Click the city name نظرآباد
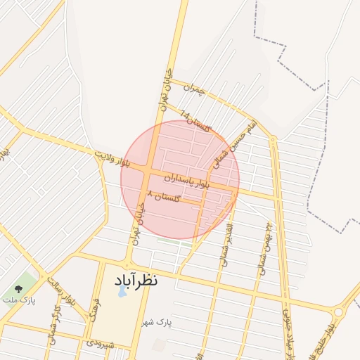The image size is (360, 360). pos(136,279)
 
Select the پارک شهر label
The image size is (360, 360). pos(161,322)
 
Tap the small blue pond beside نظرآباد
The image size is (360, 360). pos(121,290)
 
